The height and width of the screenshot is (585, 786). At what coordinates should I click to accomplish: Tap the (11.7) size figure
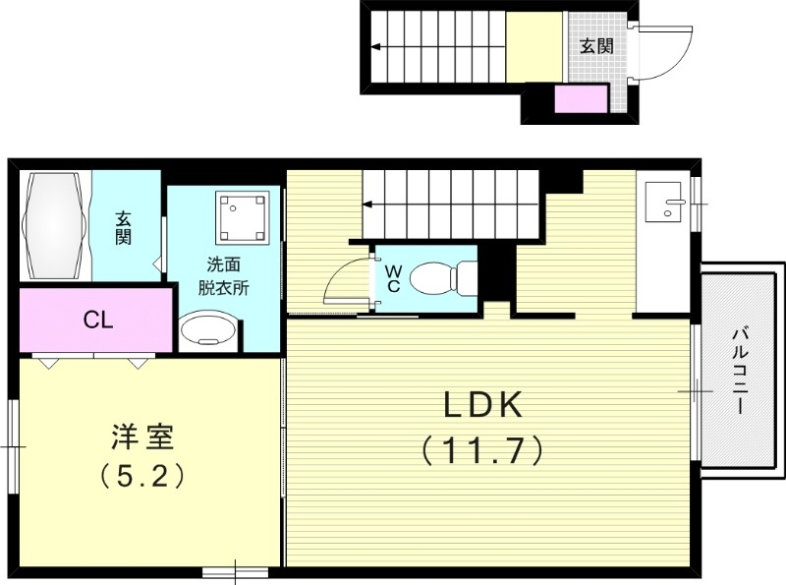[x=481, y=450]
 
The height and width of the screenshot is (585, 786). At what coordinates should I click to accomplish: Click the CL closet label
[x=96, y=320]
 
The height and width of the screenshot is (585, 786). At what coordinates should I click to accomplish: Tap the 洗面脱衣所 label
[x=221, y=276]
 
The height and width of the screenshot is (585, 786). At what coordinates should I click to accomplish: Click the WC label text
[x=392, y=278]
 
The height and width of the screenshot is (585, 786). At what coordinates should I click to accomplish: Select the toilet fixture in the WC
[x=440, y=278]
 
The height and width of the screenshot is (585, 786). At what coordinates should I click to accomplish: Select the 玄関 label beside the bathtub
[x=124, y=228]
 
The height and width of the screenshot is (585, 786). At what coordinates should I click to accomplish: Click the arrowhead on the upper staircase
[x=375, y=45]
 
